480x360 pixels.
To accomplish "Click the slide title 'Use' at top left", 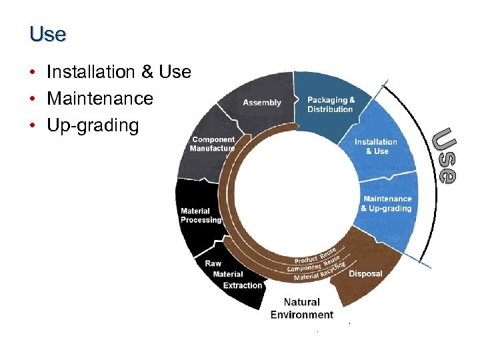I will tap(47, 34).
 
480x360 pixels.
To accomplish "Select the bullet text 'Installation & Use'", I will tap(119, 72).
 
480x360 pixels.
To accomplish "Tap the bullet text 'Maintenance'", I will tap(99, 99).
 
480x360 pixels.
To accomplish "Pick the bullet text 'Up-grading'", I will tap(93, 125).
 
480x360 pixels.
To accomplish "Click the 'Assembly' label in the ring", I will tap(261, 103).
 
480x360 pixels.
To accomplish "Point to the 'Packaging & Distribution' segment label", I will tap(331, 105).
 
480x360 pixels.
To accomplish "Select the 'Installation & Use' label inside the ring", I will tap(375, 147).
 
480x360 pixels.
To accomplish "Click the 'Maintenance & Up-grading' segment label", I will tap(387, 203).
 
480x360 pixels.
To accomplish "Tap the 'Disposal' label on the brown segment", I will tap(365, 273).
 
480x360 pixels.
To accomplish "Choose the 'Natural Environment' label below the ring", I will tap(301, 308).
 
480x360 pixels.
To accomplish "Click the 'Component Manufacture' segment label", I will tap(213, 144).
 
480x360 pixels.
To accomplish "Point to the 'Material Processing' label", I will tap(200, 215).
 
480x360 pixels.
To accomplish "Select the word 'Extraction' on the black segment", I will tap(243, 285).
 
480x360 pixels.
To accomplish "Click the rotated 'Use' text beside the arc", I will tap(443, 155).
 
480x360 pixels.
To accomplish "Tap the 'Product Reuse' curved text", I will tap(315, 255).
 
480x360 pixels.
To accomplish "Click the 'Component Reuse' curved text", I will tap(314, 264).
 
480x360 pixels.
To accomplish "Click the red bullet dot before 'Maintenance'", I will tap(32, 99).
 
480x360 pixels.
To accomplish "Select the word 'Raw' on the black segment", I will tap(213, 263).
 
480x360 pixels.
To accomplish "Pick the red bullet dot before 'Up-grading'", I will tap(32, 126).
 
